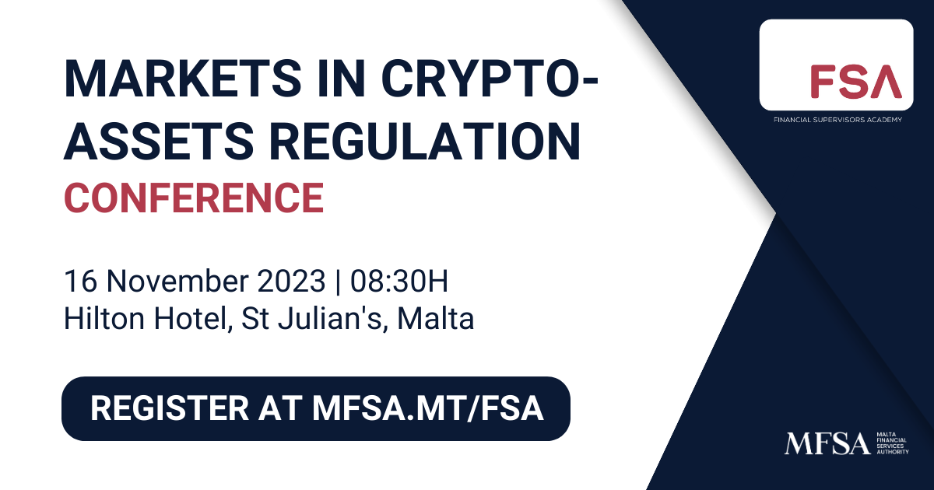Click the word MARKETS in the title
(182, 79)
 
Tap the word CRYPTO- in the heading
(489, 79)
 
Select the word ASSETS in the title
(159, 141)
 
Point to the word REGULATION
(425, 141)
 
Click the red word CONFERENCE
(194, 198)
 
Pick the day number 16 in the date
(81, 281)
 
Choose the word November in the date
(177, 281)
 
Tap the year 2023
(291, 281)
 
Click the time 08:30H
(399, 281)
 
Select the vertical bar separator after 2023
(337, 282)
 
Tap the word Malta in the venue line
(436, 319)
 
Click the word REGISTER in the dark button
(170, 408)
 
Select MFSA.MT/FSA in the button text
(428, 408)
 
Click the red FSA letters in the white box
(856, 81)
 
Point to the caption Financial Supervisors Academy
(837, 120)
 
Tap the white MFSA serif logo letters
(827, 443)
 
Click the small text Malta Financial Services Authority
(892, 443)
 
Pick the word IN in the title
(341, 79)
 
